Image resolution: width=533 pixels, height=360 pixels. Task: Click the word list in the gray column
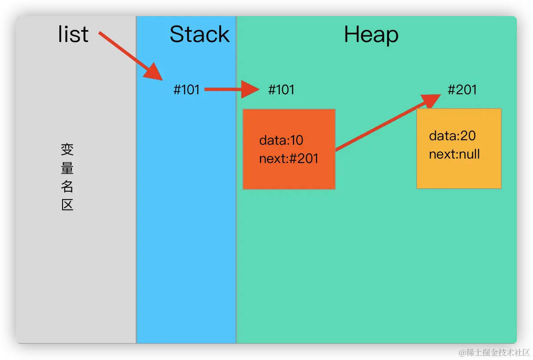(x=73, y=34)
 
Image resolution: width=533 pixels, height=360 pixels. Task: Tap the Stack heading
(x=200, y=34)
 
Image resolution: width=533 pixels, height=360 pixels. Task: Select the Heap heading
(x=371, y=35)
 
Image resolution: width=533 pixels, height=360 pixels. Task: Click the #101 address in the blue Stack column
(x=186, y=90)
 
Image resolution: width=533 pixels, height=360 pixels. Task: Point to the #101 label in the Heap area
(x=281, y=90)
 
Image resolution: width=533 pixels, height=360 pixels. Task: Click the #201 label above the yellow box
(x=462, y=90)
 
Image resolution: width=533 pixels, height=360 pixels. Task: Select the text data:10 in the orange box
(x=281, y=140)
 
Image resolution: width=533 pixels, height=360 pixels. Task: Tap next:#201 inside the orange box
(x=288, y=159)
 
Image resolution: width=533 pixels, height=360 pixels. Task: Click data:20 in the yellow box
(x=452, y=136)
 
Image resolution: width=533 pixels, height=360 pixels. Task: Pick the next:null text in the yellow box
(x=454, y=154)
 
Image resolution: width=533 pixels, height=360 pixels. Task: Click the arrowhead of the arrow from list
(x=154, y=72)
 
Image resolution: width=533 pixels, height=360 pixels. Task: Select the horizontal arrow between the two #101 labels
(x=232, y=89)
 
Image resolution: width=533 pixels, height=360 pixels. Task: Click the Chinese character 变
(x=67, y=149)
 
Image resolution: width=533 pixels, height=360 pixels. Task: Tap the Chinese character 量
(x=67, y=168)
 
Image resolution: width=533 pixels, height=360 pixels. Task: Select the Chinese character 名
(x=67, y=186)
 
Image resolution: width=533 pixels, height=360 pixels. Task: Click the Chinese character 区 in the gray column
(x=67, y=205)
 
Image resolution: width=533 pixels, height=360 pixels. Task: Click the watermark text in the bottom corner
(x=494, y=352)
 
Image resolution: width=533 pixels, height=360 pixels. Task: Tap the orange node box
(x=289, y=149)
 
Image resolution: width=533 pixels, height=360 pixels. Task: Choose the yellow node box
(x=459, y=149)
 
